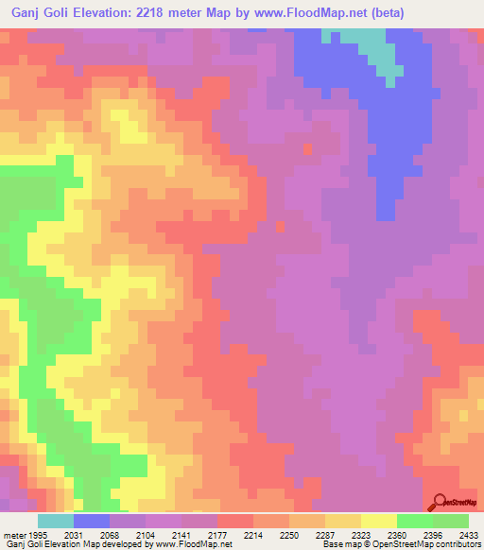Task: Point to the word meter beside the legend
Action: (12, 535)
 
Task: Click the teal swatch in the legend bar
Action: (56, 521)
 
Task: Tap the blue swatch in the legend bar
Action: (92, 521)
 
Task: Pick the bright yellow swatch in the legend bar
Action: (378, 521)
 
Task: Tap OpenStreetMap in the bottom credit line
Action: (406, 545)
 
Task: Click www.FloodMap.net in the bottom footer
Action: (199, 545)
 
